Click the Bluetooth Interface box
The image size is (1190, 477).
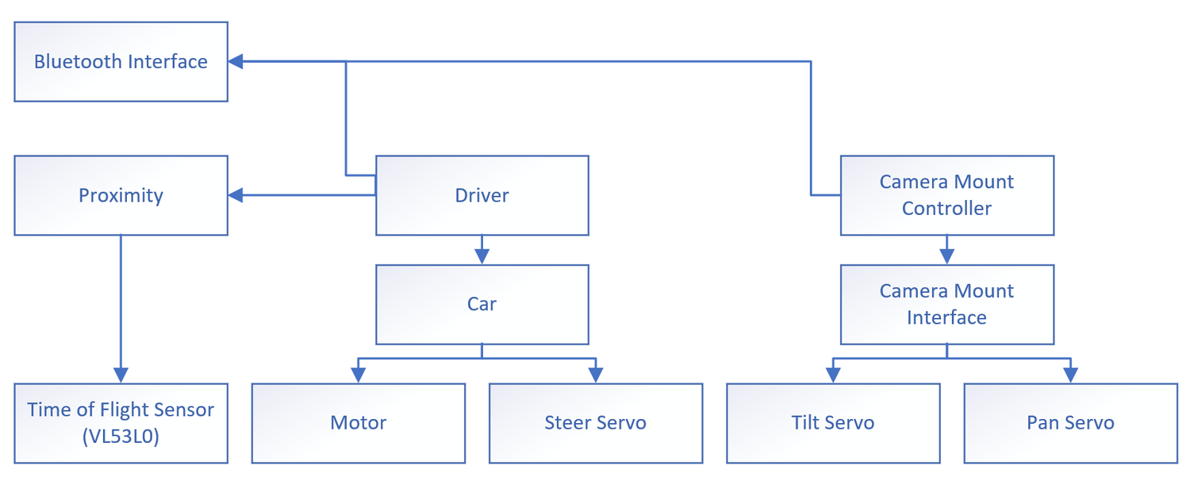point(121,62)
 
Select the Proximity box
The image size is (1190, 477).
point(121,195)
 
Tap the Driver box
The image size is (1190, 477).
point(482,195)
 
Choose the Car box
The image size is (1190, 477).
point(482,304)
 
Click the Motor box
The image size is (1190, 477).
point(359,423)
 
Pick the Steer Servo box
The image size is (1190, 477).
point(596,423)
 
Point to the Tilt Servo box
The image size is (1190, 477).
point(833,423)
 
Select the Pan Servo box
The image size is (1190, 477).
point(1070,423)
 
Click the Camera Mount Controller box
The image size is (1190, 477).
point(947,195)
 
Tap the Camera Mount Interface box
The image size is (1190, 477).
point(947,304)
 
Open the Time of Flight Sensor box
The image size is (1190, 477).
point(121,423)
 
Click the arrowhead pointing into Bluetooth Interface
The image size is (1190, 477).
point(236,62)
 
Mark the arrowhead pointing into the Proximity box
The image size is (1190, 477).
point(236,195)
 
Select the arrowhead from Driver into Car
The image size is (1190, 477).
point(482,257)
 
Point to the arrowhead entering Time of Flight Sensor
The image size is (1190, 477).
point(121,375)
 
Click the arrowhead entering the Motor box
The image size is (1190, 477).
point(359,375)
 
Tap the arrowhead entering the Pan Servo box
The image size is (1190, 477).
point(1070,375)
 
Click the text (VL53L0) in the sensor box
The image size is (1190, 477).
point(121,437)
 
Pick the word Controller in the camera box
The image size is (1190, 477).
point(946,209)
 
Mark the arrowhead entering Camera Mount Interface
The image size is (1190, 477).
point(947,257)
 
